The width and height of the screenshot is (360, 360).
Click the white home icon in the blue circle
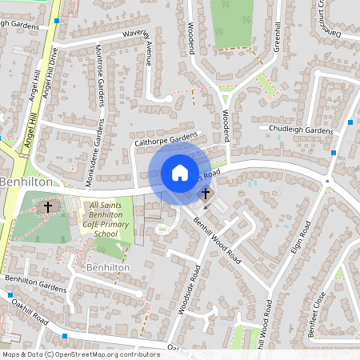coord(179,172)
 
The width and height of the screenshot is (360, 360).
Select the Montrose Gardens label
coord(102,85)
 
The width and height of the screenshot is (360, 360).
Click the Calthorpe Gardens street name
coord(166,140)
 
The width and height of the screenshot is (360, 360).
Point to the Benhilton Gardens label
coord(35,283)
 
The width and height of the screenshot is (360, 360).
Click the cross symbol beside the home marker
coord(205,193)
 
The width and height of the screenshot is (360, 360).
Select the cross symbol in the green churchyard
coord(47,207)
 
